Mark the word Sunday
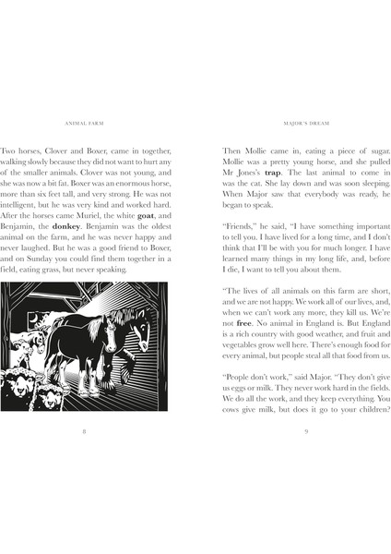(66, 258)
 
